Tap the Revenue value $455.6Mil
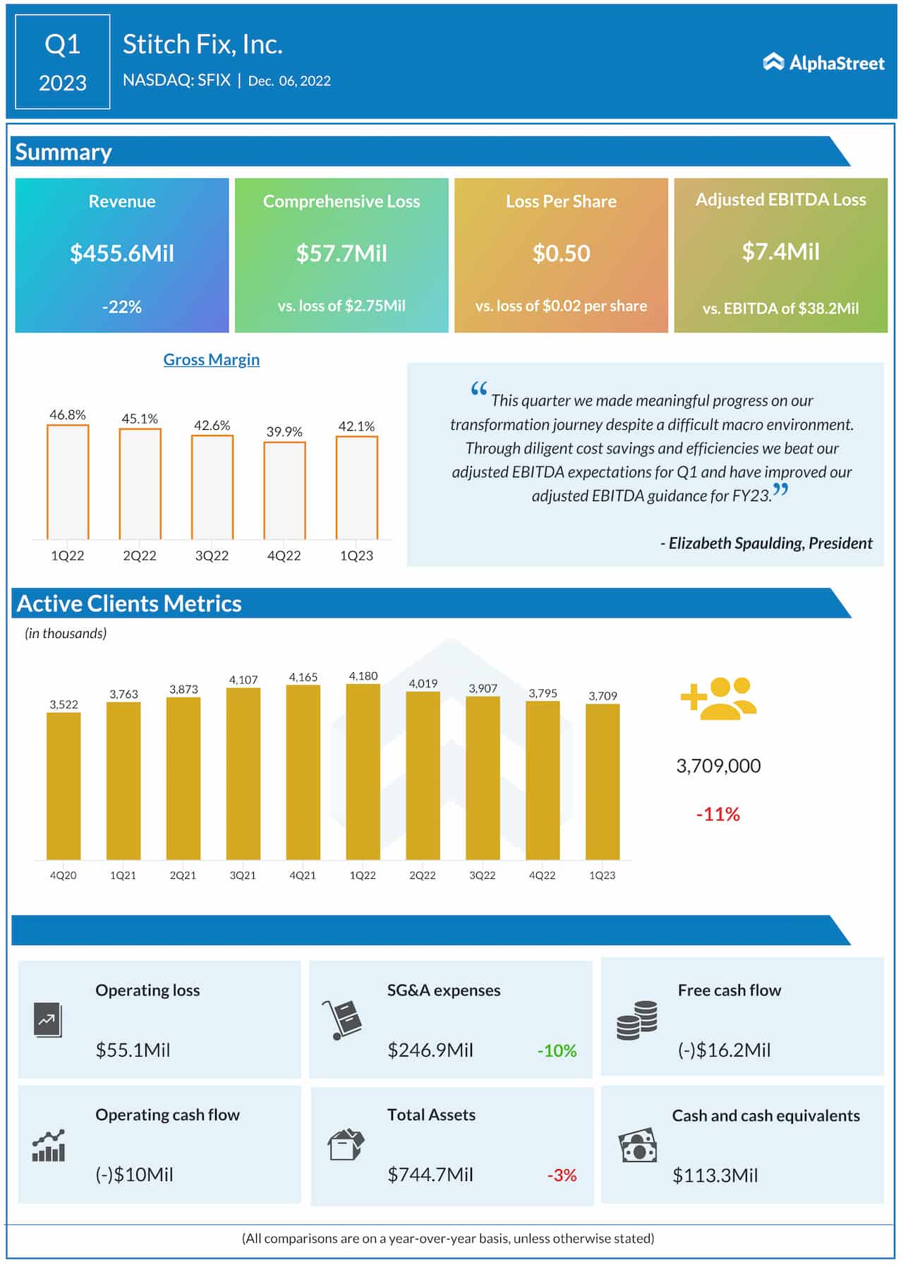click(x=122, y=253)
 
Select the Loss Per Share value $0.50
click(x=561, y=253)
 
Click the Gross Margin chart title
click(x=211, y=359)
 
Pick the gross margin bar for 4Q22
click(x=284, y=491)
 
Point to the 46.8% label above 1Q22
click(x=68, y=415)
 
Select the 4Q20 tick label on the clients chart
click(x=63, y=875)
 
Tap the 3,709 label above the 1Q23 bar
click(x=602, y=696)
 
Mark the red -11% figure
click(x=717, y=815)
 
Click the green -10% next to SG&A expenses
click(x=557, y=1050)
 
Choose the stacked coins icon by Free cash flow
click(x=636, y=1020)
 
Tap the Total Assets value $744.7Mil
click(x=430, y=1175)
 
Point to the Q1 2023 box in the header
click(x=63, y=62)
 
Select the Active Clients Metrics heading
click(x=129, y=604)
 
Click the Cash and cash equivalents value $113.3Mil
click(x=715, y=1175)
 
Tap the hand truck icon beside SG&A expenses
click(x=342, y=1019)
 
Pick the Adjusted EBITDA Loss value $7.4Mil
click(x=780, y=252)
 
